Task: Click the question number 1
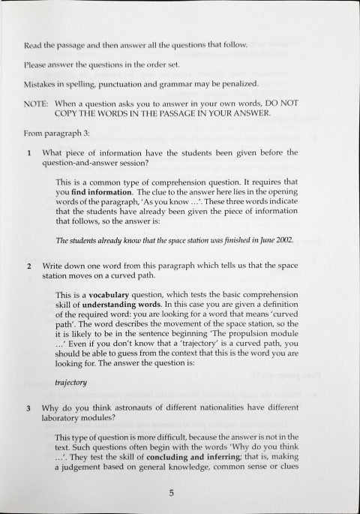[28, 152]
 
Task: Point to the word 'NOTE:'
[36, 102]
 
